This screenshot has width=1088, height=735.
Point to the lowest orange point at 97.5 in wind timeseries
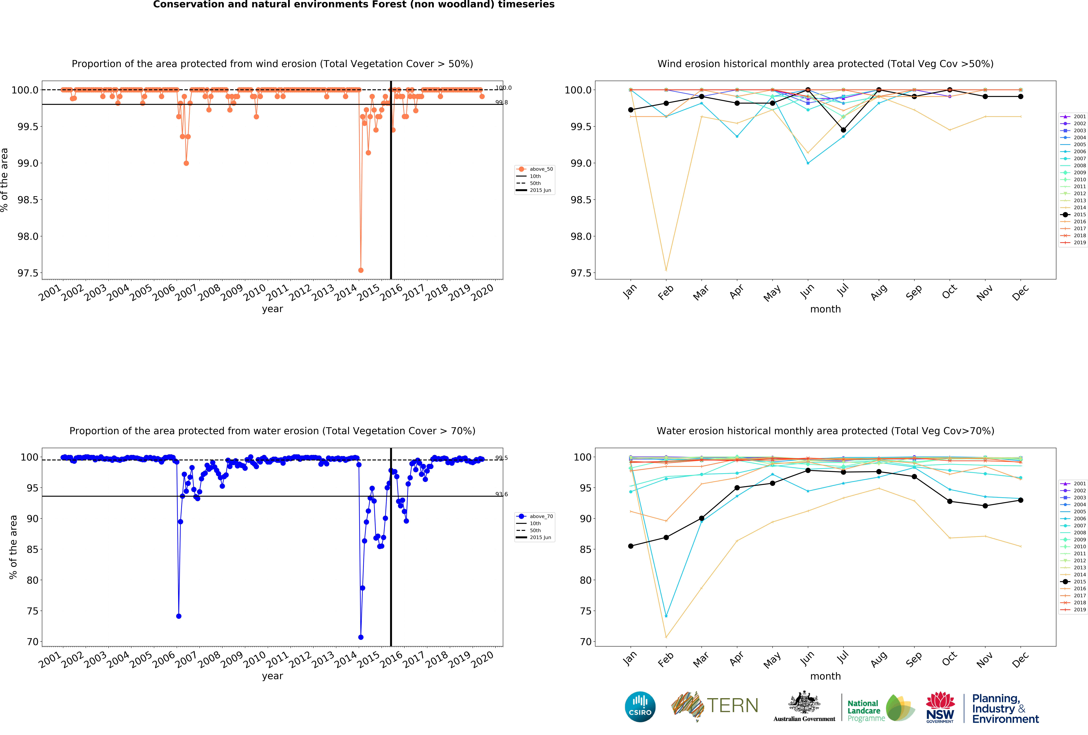[x=360, y=270]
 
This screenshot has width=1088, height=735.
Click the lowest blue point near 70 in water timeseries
[x=360, y=637]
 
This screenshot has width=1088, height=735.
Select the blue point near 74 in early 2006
[x=178, y=616]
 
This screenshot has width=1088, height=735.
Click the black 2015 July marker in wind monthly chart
[x=843, y=130]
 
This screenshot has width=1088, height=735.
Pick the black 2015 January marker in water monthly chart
[x=631, y=546]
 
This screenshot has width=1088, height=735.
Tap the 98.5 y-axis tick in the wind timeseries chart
[x=28, y=200]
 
